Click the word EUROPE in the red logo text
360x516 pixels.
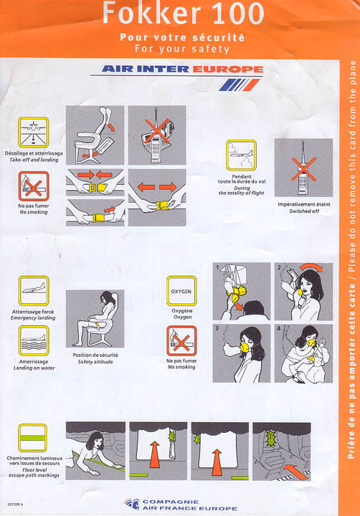pos(228,70)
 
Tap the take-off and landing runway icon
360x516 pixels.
pos(34,133)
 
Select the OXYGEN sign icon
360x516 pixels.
pos(181,291)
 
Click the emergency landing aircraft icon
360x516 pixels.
pos(34,291)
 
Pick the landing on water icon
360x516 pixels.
pos(34,341)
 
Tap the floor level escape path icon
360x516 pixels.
pos(32,438)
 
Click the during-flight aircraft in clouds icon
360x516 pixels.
pos(241,155)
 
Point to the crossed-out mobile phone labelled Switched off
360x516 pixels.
pos(303,168)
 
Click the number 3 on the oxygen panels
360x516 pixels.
pos(217,328)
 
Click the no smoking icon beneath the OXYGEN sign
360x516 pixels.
pos(181,341)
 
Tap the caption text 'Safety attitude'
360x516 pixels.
pos(95,362)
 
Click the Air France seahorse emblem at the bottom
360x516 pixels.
pos(132,504)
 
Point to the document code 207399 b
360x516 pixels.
pos(15,505)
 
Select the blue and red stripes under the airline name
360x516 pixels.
pos(240,85)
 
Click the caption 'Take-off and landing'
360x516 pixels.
pos(34,160)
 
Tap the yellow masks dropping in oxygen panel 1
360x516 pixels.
pos(236,294)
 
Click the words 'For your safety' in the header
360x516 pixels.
pos(182,49)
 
